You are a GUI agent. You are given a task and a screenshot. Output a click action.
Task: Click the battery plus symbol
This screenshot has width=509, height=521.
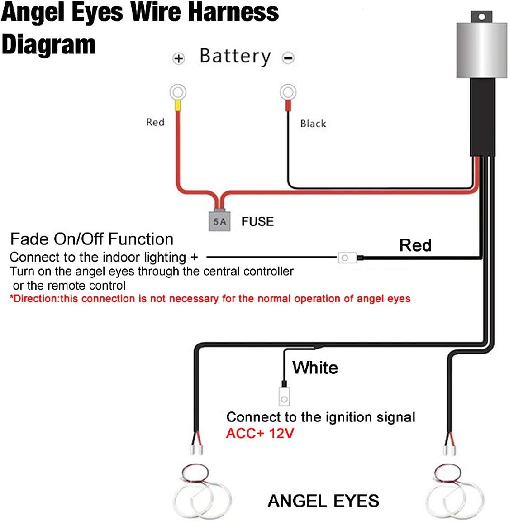179,58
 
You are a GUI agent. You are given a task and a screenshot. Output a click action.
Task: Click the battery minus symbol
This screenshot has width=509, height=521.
288,58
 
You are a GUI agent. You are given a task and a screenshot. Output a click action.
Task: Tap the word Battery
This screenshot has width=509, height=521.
235,57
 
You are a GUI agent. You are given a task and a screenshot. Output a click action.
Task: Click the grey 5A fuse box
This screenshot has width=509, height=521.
219,220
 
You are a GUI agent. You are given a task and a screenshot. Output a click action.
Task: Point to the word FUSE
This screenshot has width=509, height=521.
257,222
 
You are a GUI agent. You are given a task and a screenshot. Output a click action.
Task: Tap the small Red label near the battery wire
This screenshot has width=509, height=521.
155,122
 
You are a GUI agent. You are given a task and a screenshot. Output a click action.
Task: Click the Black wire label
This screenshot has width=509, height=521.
313,124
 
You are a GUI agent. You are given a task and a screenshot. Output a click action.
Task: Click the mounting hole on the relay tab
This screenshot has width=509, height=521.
482,17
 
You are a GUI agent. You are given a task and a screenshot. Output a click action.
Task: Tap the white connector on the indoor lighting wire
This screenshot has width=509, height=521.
347,258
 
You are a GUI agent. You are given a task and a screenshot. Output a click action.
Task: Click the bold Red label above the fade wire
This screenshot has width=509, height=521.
415,245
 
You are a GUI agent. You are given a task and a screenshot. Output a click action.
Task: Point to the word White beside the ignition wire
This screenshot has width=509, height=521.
315,368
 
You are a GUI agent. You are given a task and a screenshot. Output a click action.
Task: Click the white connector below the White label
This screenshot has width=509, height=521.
284,397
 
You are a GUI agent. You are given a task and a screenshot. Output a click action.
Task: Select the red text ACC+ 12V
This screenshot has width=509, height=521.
260,433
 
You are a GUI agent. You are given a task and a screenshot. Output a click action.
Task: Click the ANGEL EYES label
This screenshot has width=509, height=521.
323,501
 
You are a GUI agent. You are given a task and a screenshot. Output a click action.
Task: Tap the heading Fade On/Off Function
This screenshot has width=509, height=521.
92,239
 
